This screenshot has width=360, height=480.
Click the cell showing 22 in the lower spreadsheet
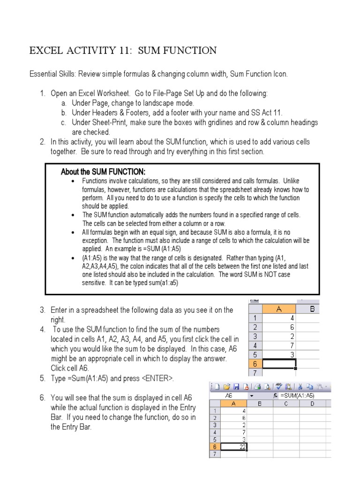click(234, 446)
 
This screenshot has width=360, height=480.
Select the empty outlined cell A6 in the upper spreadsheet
click(279, 363)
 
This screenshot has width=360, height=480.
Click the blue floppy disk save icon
click(236, 387)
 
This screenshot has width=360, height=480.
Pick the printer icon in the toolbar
click(257, 387)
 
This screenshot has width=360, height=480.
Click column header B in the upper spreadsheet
click(311, 308)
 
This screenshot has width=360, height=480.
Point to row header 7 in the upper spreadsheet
click(255, 373)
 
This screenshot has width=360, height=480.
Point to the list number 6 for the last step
click(42, 398)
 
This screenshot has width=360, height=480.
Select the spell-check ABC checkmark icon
click(278, 387)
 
